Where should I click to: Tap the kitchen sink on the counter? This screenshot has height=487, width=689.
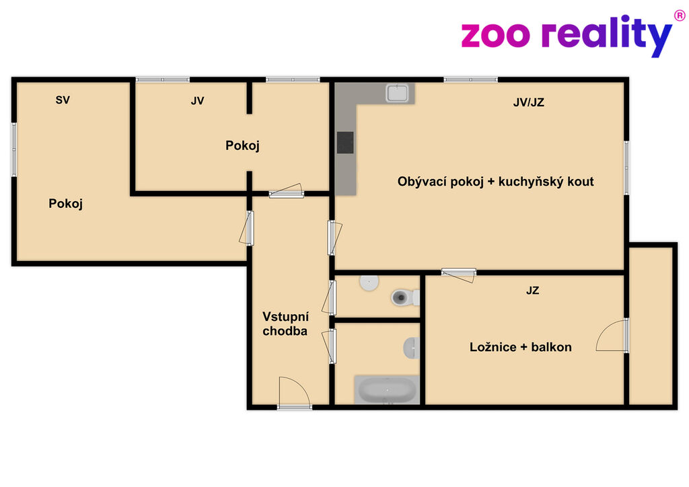(x=397, y=93)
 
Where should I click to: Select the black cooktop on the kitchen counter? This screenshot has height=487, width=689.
(x=345, y=143)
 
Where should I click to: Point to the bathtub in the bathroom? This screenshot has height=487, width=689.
(x=386, y=389)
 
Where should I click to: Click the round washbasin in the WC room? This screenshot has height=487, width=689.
(x=369, y=283)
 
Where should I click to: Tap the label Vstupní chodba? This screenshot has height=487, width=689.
(x=285, y=324)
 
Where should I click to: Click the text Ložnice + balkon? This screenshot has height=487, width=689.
(x=521, y=347)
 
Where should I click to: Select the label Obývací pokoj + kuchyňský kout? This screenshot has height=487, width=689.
(x=496, y=182)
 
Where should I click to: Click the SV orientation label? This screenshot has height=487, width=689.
(x=63, y=100)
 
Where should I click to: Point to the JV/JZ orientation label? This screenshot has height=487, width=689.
(x=529, y=102)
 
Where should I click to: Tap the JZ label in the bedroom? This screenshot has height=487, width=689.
(x=533, y=291)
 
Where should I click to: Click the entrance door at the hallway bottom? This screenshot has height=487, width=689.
(x=295, y=393)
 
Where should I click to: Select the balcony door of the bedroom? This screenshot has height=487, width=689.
(x=612, y=336)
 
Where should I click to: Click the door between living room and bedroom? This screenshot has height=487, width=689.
(x=459, y=274)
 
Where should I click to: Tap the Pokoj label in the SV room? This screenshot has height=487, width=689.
(x=65, y=203)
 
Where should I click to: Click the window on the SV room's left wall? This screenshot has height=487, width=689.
(x=14, y=150)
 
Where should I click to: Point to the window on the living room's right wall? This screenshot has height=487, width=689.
(x=626, y=167)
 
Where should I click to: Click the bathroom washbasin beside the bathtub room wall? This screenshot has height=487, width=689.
(x=412, y=348)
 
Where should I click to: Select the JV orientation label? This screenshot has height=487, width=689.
(x=197, y=101)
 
